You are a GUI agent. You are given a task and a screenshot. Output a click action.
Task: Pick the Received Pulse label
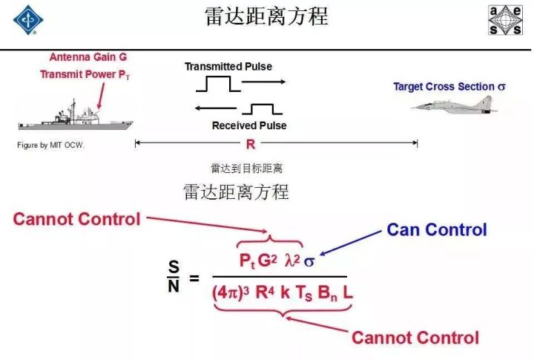(x=249, y=125)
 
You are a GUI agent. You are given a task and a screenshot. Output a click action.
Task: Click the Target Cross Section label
(x=449, y=87)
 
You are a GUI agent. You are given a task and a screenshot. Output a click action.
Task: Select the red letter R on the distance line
(x=251, y=144)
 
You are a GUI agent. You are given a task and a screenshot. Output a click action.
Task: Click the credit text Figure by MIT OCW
(x=50, y=145)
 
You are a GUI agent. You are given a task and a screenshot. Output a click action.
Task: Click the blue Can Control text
(x=437, y=229)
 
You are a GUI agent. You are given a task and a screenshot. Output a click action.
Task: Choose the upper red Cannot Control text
(x=77, y=218)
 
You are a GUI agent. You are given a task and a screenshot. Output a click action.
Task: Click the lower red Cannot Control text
(x=415, y=338)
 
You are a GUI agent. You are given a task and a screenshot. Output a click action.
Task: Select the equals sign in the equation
(x=195, y=278)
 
